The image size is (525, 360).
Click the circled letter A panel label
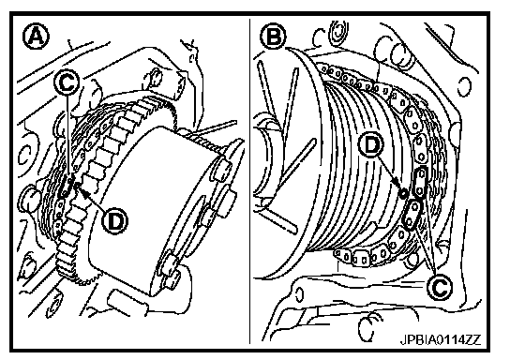36,37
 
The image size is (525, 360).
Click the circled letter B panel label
274,36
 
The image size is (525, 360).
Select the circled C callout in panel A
67,82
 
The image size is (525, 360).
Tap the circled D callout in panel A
114,221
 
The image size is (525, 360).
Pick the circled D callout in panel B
370,145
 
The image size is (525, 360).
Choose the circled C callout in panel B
440,287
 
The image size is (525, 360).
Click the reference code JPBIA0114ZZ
441,340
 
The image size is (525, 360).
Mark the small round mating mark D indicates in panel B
403,193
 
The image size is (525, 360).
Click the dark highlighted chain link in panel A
67,187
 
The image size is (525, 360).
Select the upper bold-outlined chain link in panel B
421,182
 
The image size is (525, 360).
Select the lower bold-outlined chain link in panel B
412,215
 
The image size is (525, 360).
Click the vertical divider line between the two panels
249,181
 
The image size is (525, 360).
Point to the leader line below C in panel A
67,136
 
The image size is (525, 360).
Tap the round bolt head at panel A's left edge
28,199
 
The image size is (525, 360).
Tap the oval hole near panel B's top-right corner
463,87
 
